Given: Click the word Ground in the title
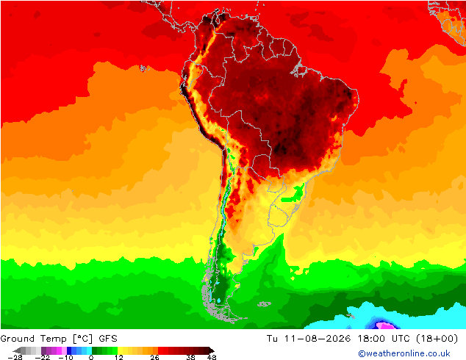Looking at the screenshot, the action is (18, 339).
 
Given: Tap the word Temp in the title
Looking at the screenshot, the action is (53, 339).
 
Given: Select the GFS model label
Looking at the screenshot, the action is (108, 339).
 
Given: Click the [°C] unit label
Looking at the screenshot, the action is (82, 339).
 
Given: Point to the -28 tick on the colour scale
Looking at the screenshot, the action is (15, 357).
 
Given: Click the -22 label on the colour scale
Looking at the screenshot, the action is (42, 357).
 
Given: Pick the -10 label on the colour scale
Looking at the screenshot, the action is (65, 357).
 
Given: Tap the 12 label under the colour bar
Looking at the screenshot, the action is (119, 357).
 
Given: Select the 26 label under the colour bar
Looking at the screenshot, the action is (154, 357).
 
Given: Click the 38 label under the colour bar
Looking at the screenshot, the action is (191, 357).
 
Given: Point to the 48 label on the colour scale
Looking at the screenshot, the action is (212, 357).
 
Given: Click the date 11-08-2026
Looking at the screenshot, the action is (318, 339).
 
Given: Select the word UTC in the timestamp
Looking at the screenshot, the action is (401, 339).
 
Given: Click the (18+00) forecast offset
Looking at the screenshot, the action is (437, 339).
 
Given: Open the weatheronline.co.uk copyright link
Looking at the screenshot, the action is (404, 353).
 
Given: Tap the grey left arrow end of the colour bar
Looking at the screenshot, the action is (17, 350).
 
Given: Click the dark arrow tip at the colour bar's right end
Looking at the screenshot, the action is (212, 350).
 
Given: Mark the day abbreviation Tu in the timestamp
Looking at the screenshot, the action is (272, 339).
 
